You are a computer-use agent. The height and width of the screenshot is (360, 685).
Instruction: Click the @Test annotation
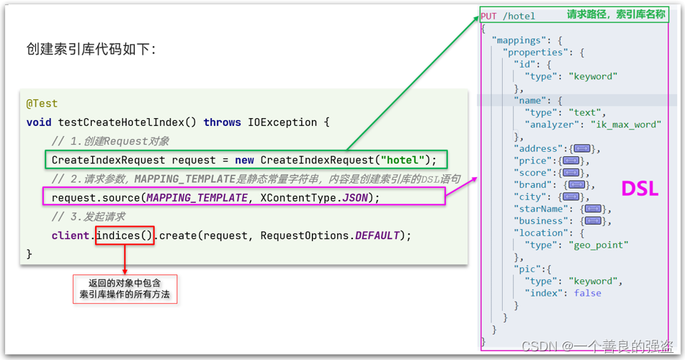coord(42,104)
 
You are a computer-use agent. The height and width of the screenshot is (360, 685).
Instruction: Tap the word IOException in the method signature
coord(287,122)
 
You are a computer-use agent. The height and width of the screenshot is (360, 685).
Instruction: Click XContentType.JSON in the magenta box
coord(314,197)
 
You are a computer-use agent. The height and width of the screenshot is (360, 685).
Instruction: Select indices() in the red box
coord(125,235)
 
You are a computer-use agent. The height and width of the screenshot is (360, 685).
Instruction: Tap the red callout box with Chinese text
coord(125,289)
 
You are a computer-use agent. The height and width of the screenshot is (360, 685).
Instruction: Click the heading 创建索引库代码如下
coord(91,50)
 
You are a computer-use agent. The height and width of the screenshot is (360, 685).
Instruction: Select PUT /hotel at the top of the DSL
coord(508,16)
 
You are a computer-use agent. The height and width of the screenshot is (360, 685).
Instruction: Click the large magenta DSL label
coord(640,189)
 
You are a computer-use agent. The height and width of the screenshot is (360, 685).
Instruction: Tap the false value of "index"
coord(588,293)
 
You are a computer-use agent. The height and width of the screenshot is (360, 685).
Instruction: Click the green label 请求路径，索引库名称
coord(615,15)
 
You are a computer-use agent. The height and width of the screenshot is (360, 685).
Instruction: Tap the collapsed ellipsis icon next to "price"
coord(570,161)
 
